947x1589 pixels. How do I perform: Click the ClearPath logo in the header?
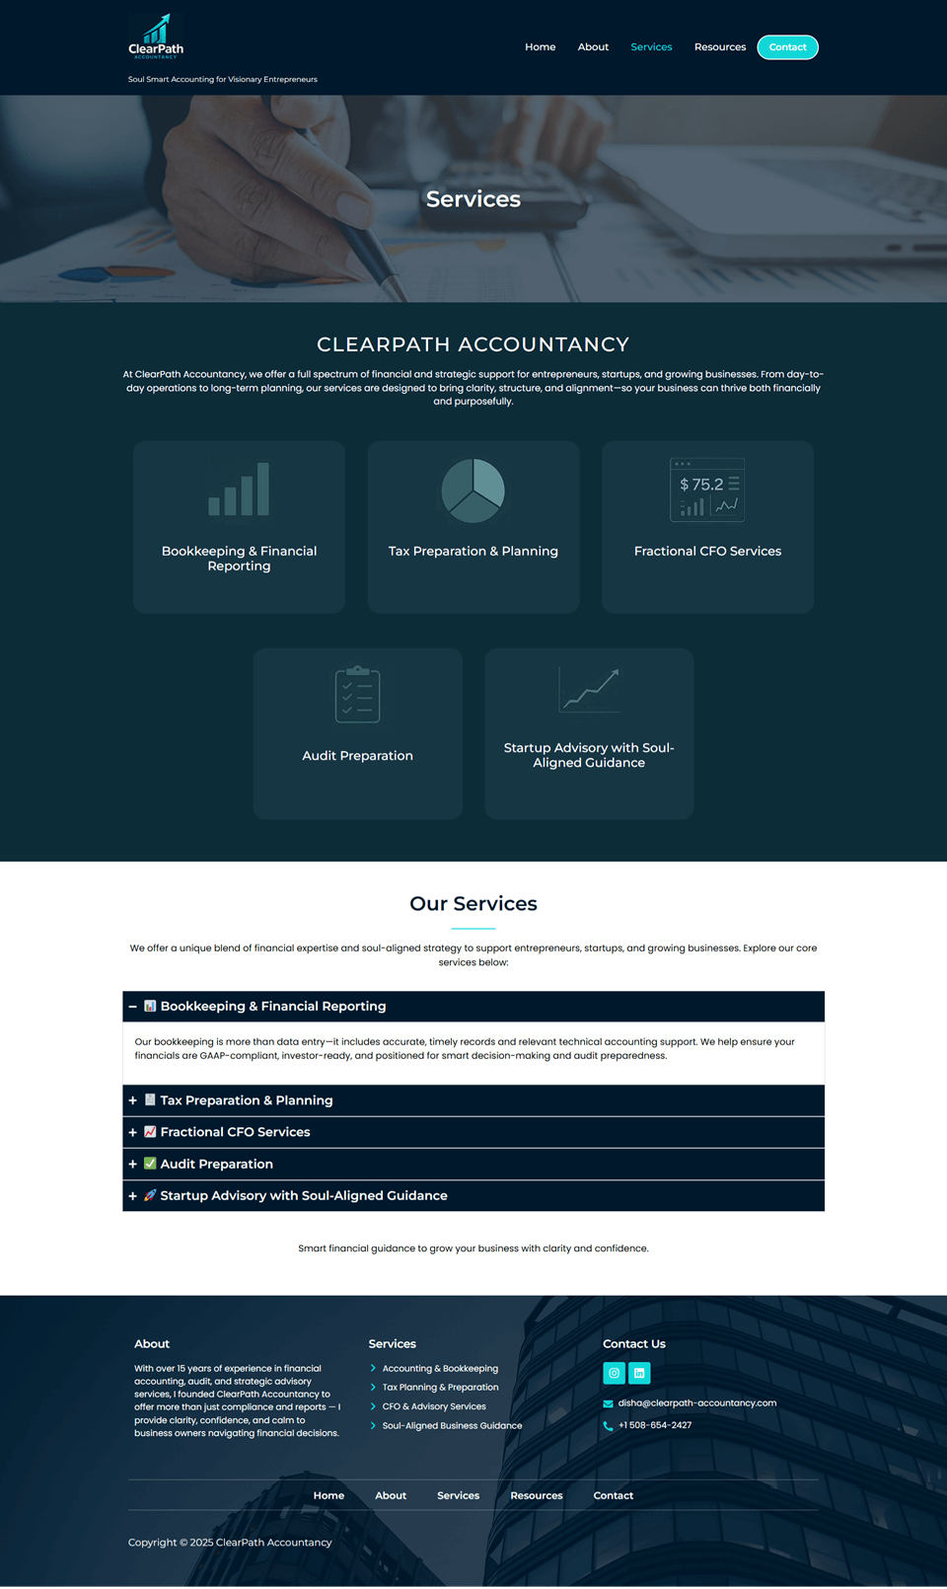[x=156, y=38]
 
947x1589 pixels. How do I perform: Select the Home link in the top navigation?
[x=540, y=47]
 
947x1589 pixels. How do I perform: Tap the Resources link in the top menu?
[x=719, y=47]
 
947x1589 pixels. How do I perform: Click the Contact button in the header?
[x=787, y=47]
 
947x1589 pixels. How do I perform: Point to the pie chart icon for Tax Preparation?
[x=473, y=491]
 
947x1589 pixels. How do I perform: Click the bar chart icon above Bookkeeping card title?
[x=239, y=490]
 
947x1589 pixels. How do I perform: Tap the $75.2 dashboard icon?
[x=707, y=490]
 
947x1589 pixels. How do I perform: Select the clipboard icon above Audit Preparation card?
[x=357, y=695]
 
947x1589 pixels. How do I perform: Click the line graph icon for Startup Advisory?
[x=589, y=690]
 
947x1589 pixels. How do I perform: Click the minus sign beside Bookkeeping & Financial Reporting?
[x=133, y=1007]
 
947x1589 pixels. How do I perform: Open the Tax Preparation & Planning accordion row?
[x=247, y=1100]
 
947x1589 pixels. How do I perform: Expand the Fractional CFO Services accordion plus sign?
[x=133, y=1132]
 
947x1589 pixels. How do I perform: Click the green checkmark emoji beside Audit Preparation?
[x=150, y=1164]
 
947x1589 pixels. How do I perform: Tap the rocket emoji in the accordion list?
[x=150, y=1195]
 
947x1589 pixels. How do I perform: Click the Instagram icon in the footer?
[x=614, y=1373]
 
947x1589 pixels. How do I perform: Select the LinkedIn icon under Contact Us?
[x=639, y=1373]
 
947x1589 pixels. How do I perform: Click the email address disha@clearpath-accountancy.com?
[x=696, y=1402]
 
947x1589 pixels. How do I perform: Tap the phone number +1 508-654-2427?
[x=654, y=1425]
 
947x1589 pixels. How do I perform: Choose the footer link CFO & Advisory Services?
[x=434, y=1406]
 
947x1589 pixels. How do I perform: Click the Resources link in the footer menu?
[x=537, y=1495]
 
